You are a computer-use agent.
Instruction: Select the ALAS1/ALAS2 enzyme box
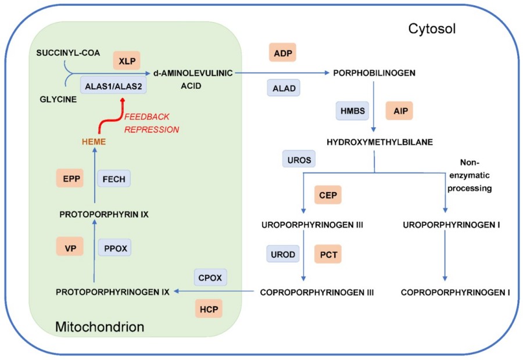tap(113, 86)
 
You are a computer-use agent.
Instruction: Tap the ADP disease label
tap(283, 53)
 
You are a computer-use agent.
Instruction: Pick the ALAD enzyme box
tap(284, 88)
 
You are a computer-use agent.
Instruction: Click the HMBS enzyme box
tap(352, 110)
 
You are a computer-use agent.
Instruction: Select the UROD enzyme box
tap(282, 254)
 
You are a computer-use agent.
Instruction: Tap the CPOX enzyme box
tap(210, 278)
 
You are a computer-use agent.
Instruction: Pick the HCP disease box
tap(209, 309)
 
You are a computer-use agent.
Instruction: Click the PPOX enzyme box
tap(114, 249)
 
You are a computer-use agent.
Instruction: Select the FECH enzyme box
tap(114, 179)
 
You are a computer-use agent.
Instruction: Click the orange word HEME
tap(94, 142)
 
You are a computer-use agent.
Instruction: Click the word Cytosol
tap(431, 28)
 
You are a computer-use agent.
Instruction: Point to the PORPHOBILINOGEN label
tap(374, 73)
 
